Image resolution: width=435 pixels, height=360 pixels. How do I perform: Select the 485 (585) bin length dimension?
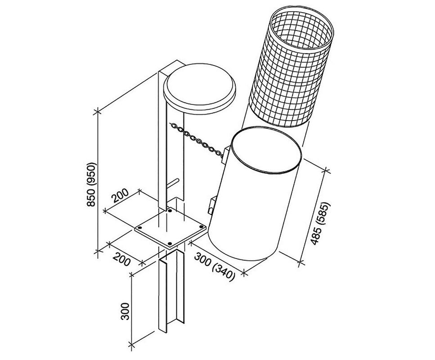pyautogui.click(x=321, y=223)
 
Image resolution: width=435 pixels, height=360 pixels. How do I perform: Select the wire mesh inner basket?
pyautogui.click(x=290, y=72)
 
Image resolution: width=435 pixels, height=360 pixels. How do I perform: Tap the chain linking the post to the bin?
pyautogui.click(x=198, y=139)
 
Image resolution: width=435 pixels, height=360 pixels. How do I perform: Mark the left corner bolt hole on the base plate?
pyautogui.click(x=140, y=228)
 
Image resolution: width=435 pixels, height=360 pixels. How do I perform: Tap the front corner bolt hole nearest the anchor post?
pyautogui.click(x=170, y=243)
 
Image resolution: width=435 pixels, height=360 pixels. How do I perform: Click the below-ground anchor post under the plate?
pyautogui.click(x=170, y=292)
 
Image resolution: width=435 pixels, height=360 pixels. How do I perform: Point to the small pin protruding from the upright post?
pyautogui.click(x=174, y=182)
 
